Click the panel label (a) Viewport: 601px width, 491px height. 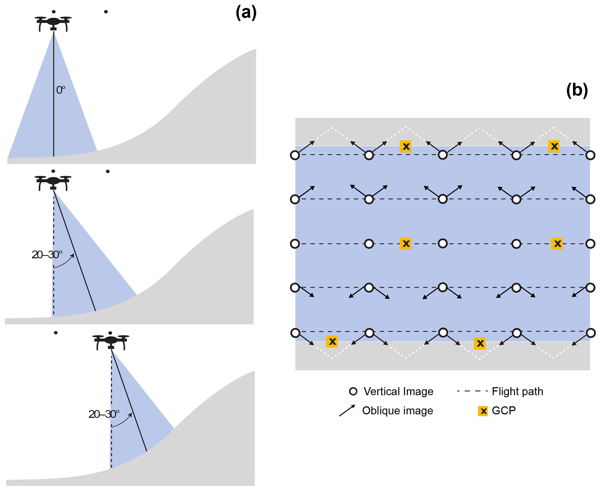click(246, 13)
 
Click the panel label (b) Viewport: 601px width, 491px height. click(577, 90)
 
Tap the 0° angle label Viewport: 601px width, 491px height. click(60, 90)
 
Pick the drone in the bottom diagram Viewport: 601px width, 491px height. click(111, 342)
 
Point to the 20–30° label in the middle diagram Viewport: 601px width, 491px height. click(47, 255)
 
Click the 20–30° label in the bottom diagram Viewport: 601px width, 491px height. click(104, 414)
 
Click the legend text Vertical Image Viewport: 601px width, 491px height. click(398, 392)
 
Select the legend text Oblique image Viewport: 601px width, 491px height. click(397, 411)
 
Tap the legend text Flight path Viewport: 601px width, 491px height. click(517, 392)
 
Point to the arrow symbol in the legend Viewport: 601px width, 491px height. click(347, 410)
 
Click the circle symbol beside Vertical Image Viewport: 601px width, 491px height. click(353, 392)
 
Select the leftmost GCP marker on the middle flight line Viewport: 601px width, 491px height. click(405, 243)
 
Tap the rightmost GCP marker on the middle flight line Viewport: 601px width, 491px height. click(557, 243)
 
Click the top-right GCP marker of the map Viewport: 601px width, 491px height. click(554, 146)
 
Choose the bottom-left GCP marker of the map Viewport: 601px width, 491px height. click(332, 341)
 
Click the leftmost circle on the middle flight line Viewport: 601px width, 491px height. click(295, 244)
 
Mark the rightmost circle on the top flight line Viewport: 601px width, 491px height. click(590, 155)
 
